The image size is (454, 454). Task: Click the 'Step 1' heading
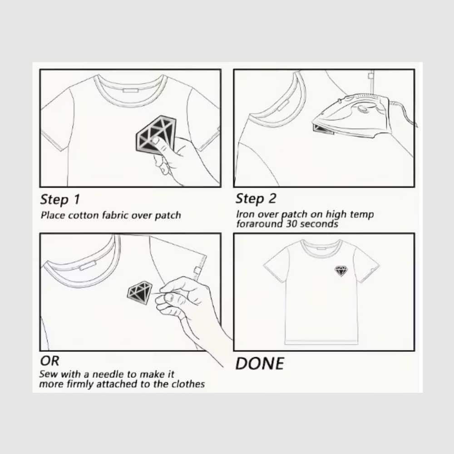point(60,200)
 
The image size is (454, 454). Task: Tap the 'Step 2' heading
point(256,199)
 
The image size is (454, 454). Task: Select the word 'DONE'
point(260,364)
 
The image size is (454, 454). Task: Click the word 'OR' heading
point(50,361)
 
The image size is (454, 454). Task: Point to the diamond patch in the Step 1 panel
point(156,133)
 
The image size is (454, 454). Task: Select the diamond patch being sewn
point(139,292)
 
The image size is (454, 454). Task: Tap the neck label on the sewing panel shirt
point(88,265)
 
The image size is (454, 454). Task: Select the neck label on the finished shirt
point(321,248)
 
